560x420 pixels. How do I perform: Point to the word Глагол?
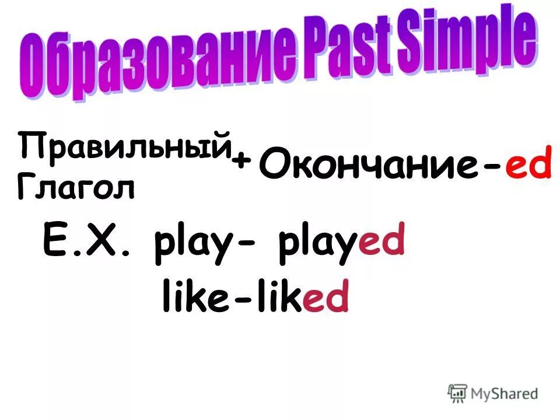(x=76, y=186)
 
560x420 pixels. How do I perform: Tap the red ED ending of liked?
(x=326, y=298)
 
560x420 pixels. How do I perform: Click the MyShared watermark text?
(x=504, y=394)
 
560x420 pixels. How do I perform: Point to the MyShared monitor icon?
(x=458, y=393)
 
